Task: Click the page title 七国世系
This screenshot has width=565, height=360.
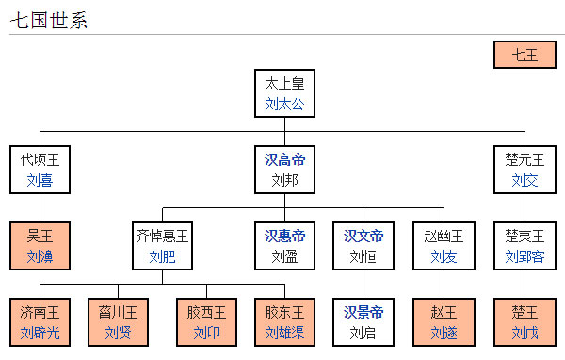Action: click(49, 20)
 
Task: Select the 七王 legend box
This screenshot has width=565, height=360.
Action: click(524, 55)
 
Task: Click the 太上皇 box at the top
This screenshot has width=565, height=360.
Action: click(284, 92)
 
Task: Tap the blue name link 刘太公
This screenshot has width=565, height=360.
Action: click(284, 104)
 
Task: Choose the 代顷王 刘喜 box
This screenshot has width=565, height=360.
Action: click(40, 169)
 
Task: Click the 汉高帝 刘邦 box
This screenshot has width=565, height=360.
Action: click(284, 169)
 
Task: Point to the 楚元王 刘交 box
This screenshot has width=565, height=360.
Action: click(525, 169)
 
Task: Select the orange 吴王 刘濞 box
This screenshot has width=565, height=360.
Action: click(40, 245)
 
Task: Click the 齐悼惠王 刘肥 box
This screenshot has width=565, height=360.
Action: click(162, 245)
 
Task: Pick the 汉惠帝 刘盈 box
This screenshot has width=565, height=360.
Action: click(284, 245)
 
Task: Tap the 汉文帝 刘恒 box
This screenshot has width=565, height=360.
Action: click(363, 245)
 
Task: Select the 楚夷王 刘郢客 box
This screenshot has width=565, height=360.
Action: click(525, 245)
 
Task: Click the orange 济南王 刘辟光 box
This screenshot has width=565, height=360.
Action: click(40, 321)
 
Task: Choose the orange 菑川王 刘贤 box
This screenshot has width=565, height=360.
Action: click(118, 321)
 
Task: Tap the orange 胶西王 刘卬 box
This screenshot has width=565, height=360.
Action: click(206, 321)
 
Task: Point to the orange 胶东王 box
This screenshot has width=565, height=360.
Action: click(284, 321)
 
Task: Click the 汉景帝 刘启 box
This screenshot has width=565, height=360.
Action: click(363, 321)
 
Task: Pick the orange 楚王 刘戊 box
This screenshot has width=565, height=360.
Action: click(525, 321)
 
